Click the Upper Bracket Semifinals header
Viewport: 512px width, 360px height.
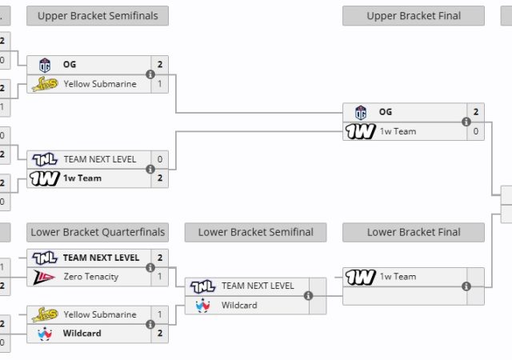(x=98, y=16)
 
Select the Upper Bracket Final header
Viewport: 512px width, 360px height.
(x=413, y=16)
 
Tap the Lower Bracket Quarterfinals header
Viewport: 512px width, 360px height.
(x=98, y=232)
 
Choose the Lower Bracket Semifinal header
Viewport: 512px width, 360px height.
(x=255, y=232)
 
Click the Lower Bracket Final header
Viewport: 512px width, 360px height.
(x=413, y=232)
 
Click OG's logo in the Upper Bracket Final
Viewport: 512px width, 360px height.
(x=361, y=113)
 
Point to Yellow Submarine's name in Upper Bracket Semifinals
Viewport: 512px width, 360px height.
(x=100, y=84)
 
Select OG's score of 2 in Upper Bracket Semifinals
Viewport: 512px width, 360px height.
(x=160, y=65)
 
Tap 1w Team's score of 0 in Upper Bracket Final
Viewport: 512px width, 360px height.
(x=476, y=131)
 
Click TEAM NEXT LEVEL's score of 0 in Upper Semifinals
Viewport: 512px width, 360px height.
(x=160, y=159)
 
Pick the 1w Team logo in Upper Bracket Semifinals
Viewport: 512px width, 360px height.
(x=44, y=178)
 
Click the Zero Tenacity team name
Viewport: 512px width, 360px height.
(x=90, y=277)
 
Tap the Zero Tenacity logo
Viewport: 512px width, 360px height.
(x=44, y=277)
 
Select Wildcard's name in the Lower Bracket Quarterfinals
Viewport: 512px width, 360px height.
(x=82, y=333)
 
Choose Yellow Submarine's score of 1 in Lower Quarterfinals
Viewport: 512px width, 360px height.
(x=160, y=314)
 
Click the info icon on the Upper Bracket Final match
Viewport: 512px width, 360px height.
(x=466, y=122)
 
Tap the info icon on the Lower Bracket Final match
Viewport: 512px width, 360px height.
(x=466, y=286)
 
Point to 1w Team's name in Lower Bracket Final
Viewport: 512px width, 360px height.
(x=398, y=277)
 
